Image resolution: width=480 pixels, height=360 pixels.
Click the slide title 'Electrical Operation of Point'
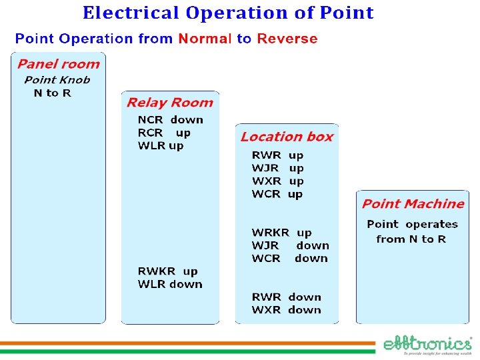coord(228,13)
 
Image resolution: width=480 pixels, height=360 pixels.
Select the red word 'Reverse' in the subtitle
coord(287,39)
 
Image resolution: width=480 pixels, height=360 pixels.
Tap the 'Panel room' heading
coord(58,64)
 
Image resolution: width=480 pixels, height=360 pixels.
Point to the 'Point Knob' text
coord(57,80)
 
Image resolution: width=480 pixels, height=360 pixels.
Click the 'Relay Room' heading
coord(170,103)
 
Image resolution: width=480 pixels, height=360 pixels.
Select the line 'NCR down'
coord(170,120)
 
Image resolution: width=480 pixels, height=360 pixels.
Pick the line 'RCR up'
coord(164,133)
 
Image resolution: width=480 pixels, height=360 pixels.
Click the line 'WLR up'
coord(161,145)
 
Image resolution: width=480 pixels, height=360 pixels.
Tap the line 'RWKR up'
coord(167,271)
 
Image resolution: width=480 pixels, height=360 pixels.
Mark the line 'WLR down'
coord(170,284)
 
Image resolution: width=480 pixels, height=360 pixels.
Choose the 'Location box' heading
coord(287,137)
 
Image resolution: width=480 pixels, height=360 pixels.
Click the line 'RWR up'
coord(277,155)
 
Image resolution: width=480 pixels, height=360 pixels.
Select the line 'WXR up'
coord(277,181)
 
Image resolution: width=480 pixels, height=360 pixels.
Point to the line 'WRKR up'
coord(281,233)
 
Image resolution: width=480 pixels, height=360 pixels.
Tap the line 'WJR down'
coord(290,245)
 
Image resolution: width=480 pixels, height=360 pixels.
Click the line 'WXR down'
coord(286,310)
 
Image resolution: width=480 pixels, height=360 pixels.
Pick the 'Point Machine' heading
coord(413,204)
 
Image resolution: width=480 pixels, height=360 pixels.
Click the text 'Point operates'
coord(412,225)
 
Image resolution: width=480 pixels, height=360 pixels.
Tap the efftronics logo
coord(427,345)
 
